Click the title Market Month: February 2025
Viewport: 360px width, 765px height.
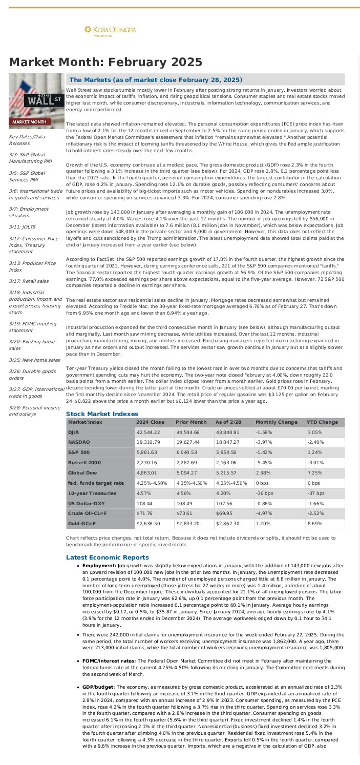click(105, 62)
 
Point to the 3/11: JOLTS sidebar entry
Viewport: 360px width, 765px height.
click(25, 226)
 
